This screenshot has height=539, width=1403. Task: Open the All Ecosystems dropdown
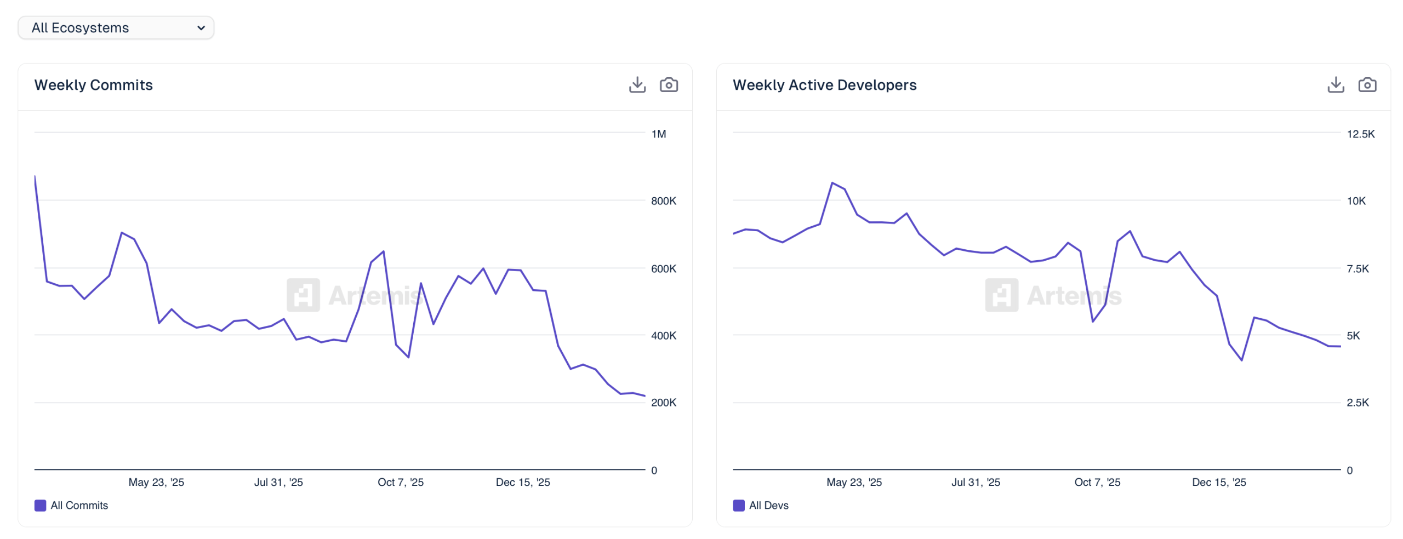116,28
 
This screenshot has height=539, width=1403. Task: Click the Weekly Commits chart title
93,85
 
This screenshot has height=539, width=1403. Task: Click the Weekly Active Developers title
824,85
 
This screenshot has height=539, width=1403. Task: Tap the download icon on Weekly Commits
637,85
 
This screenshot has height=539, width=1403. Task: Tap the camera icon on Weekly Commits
668,85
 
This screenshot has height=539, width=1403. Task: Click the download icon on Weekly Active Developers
1335,85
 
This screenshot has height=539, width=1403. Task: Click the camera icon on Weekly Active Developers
1366,85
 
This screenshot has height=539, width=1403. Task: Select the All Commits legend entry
71,505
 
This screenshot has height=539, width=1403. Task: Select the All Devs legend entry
761,505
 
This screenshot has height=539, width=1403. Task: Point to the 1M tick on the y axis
658,134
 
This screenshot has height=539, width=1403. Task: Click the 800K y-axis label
663,201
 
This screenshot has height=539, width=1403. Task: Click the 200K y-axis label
663,403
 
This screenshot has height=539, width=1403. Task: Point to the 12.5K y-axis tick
1360,134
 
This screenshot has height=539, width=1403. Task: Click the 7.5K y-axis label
1357,268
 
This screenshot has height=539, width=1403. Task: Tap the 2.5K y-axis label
1357,403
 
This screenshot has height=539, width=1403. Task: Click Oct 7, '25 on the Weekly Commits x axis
400,482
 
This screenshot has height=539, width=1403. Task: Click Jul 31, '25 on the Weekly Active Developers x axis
975,482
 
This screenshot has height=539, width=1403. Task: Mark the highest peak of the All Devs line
832,183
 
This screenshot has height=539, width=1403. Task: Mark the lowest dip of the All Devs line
1241,360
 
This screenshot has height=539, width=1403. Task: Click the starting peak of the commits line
35,176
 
